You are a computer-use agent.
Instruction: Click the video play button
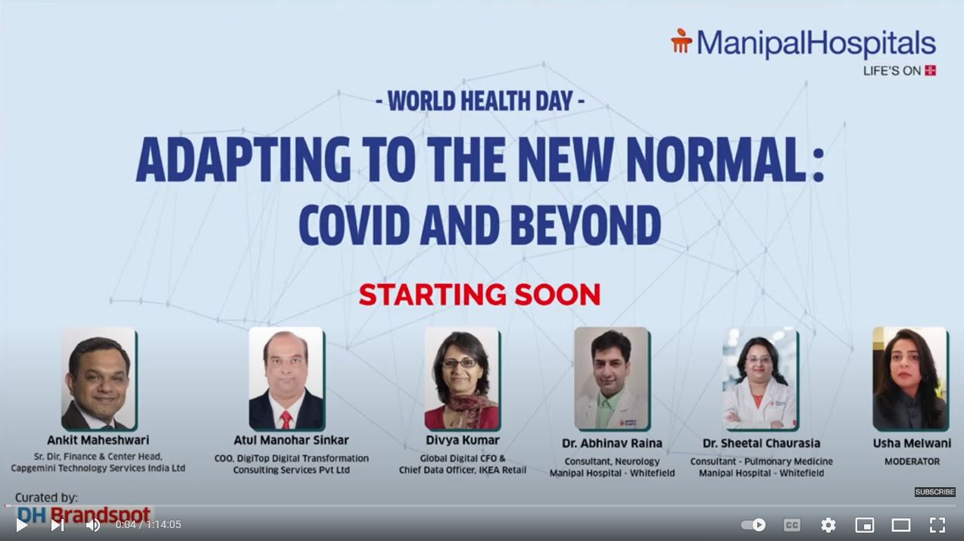coord(21,524)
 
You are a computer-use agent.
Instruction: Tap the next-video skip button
coord(58,524)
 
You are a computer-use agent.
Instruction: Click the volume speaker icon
coord(93,524)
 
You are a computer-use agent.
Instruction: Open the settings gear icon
coord(828,524)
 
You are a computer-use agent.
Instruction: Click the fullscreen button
coord(937,524)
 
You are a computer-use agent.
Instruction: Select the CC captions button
coord(792,524)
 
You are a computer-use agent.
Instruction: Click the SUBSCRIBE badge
coord(934,492)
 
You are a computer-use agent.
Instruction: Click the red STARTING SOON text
coord(479,295)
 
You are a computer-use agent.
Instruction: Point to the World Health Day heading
coord(480,101)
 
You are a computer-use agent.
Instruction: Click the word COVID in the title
coord(354,225)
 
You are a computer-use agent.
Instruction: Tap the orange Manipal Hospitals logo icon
coord(682,41)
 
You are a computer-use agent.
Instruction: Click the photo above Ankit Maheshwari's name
coord(99,379)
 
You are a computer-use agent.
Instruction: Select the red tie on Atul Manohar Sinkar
coord(285,420)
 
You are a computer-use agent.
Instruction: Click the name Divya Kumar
coord(463,440)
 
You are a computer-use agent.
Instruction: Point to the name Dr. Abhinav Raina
coord(612,443)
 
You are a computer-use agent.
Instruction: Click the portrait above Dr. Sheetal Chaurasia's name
coord(761,379)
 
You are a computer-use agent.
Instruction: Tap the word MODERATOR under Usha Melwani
coord(912,461)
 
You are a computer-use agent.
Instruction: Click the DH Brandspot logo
coord(84,515)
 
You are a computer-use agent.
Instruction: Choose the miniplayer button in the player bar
coord(864,524)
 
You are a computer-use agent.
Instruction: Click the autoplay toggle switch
coord(753,524)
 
